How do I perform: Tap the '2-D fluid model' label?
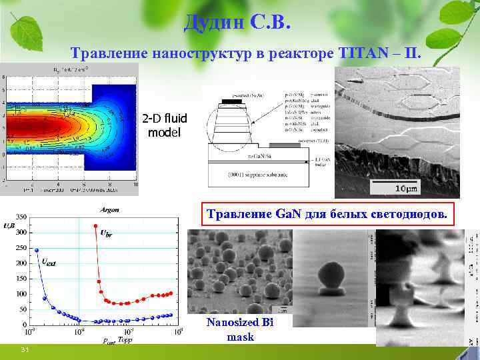163,125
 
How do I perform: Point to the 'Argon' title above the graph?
109,210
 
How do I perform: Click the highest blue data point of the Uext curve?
37,250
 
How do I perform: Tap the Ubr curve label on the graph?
106,234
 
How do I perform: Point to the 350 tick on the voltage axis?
21,217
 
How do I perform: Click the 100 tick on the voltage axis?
21,294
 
